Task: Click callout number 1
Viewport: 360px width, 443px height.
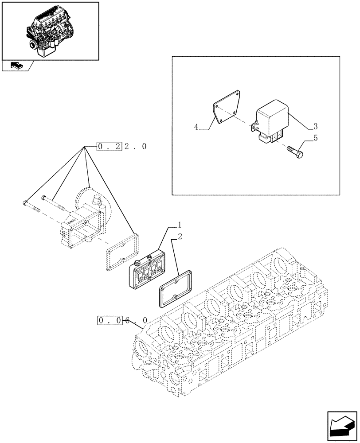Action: [x=179, y=224]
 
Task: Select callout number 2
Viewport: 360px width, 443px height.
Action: [x=180, y=237]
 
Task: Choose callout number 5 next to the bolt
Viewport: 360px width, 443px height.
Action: [x=315, y=139]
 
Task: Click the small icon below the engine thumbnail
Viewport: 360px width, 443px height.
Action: [x=16, y=66]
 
